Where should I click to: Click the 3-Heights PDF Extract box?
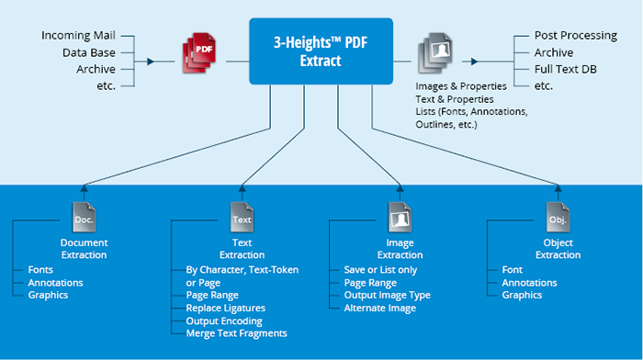[321, 52]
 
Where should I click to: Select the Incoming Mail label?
[78, 36]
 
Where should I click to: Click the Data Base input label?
[89, 52]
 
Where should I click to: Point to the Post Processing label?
[575, 36]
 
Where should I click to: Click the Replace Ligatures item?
[229, 308]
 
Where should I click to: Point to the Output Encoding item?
[224, 321]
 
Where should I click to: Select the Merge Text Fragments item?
[237, 333]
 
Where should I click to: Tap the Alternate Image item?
[379, 308]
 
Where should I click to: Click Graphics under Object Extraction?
[522, 295]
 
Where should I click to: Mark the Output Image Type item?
[388, 295]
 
